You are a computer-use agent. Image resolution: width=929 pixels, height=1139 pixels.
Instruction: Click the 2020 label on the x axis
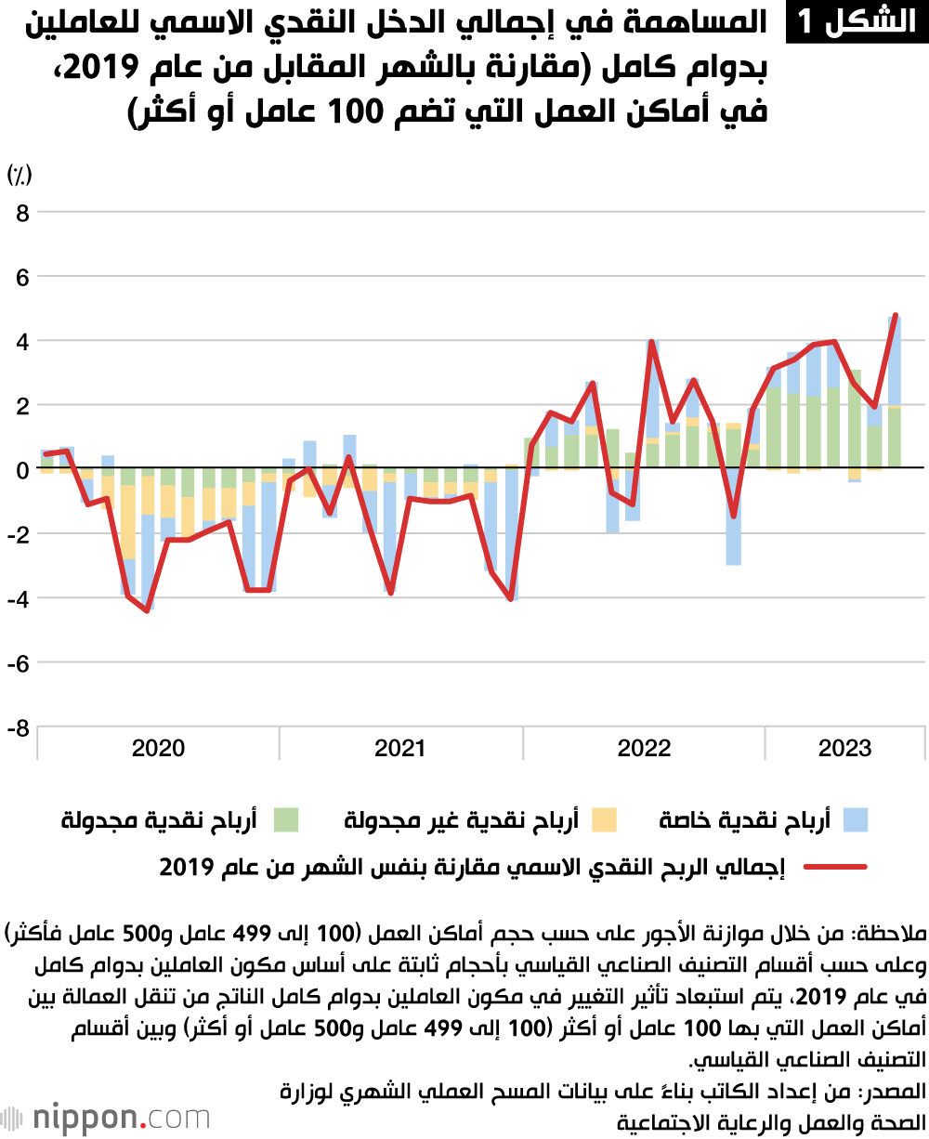point(158,749)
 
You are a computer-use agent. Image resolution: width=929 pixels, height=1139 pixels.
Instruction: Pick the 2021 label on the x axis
point(400,749)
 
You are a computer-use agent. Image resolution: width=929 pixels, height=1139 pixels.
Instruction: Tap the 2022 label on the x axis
point(644,749)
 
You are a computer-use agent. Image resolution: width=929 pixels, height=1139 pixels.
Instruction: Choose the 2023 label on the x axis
point(844,749)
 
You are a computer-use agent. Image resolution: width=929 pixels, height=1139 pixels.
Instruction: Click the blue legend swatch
point(855,819)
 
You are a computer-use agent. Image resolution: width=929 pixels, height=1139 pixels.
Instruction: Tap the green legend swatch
point(286,819)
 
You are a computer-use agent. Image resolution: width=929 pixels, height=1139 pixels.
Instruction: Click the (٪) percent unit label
point(20,174)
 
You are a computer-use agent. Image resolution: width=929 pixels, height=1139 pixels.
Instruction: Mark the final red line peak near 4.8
point(896,315)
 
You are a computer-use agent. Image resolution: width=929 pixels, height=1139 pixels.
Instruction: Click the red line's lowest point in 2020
point(147,610)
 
